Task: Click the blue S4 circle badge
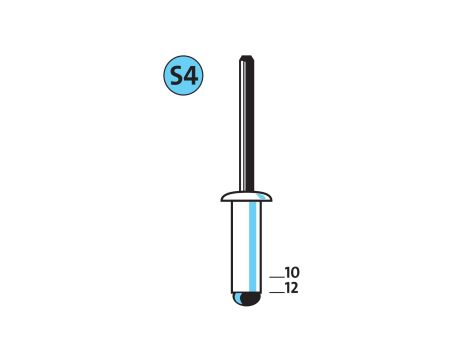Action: (x=183, y=75)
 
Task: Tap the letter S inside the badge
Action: (x=176, y=76)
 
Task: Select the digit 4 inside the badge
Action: (x=191, y=76)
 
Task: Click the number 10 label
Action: (x=292, y=273)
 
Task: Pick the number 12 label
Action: (x=292, y=288)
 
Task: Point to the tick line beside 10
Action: (x=277, y=277)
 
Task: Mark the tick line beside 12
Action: (x=277, y=293)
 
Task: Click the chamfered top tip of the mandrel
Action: (x=247, y=57)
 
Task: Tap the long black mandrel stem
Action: (x=247, y=124)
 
